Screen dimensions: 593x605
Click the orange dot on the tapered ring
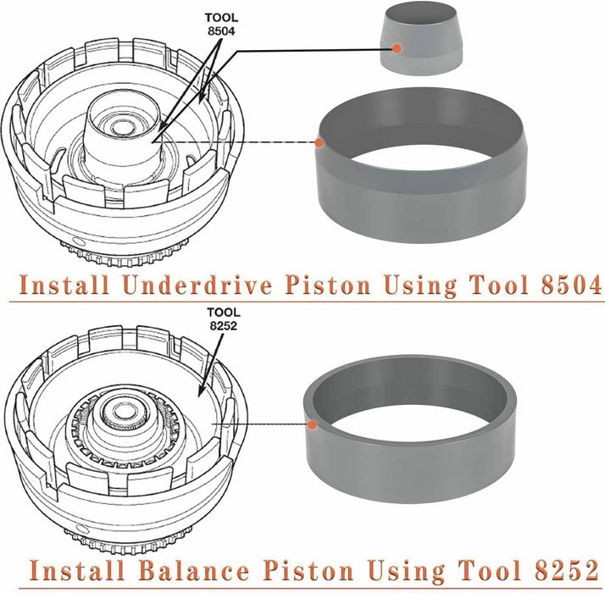point(319,141)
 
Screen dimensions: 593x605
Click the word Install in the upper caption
point(64,285)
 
